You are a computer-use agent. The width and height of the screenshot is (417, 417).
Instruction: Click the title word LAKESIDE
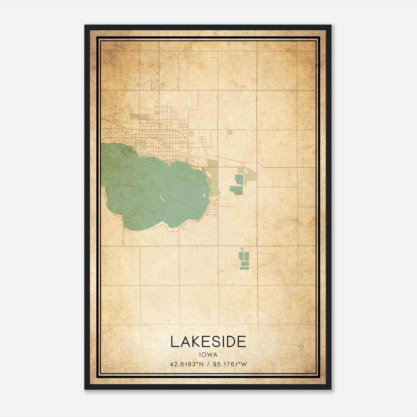pyautogui.click(x=208, y=342)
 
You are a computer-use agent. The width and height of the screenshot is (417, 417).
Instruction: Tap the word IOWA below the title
pyautogui.click(x=208, y=355)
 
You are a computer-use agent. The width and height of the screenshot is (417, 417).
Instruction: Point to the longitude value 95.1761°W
pyautogui.click(x=230, y=364)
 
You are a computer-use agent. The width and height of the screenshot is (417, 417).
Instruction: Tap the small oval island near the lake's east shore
pyautogui.click(x=204, y=195)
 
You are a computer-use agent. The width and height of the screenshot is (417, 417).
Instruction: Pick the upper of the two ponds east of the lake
pyautogui.click(x=239, y=179)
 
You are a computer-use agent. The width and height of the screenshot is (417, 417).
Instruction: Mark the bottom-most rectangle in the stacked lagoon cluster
pyautogui.click(x=244, y=268)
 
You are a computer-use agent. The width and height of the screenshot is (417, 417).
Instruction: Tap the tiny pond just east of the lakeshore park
pyautogui.click(x=219, y=193)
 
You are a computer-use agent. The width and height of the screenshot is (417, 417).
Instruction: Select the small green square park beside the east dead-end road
pyautogui.click(x=230, y=132)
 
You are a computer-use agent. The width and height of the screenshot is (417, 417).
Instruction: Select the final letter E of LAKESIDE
pyautogui.click(x=242, y=342)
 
